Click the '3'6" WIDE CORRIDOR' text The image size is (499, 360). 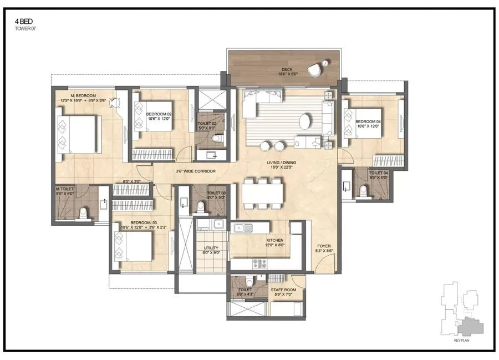[196, 171]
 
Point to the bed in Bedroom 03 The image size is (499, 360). [135, 246]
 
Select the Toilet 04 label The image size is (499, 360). [379, 175]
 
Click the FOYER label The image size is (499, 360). [324, 249]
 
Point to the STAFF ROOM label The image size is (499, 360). [283, 292]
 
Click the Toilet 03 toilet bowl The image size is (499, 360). [201, 207]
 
